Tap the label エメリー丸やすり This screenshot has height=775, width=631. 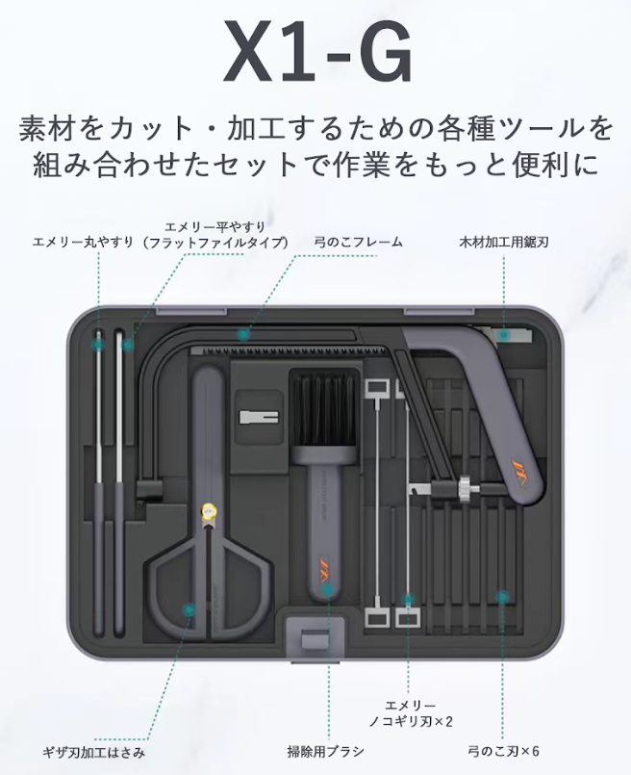click(84, 243)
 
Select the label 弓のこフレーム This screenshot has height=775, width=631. click(359, 243)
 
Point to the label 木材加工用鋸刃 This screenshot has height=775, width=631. click(504, 243)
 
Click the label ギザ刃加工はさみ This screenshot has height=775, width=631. click(94, 753)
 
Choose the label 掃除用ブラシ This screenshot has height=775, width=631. click(326, 752)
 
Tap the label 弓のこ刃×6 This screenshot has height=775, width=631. click(504, 752)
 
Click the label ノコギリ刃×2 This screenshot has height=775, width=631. click(411, 722)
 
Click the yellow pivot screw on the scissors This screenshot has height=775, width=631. click(209, 510)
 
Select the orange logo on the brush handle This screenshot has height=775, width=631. click(326, 575)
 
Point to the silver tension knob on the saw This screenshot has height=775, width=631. click(465, 489)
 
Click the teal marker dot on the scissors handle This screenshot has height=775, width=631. click(189, 609)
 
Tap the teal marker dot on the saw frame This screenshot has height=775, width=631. click(242, 335)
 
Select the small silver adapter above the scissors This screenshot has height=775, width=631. click(258, 417)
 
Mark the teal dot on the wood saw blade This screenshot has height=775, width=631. click(504, 335)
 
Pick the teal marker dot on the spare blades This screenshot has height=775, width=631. click(503, 597)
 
